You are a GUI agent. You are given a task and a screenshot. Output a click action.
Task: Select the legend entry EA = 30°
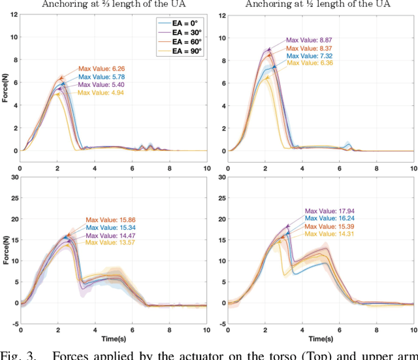(184, 31)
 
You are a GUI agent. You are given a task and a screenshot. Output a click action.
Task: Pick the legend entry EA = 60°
(184, 41)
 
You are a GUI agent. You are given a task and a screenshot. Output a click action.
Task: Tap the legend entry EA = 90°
(184, 50)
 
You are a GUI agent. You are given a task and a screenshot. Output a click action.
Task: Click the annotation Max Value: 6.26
(101, 69)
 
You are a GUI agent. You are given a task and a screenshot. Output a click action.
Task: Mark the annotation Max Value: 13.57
(108, 244)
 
